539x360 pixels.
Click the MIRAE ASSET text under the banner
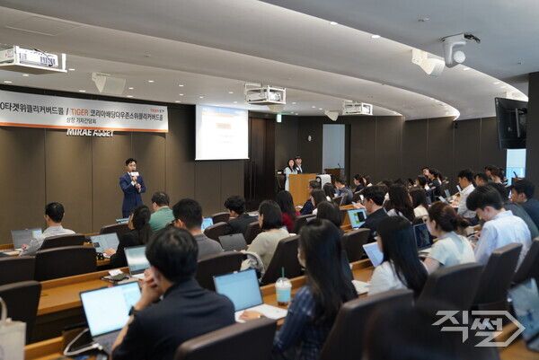[x=90, y=132]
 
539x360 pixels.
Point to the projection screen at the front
[x=221, y=132]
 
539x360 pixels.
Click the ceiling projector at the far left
[x=31, y=59]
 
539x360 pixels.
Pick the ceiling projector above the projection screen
[x=266, y=94]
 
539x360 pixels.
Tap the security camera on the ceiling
[x=456, y=52]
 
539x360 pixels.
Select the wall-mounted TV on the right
[x=511, y=123]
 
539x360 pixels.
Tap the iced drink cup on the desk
[x=283, y=290]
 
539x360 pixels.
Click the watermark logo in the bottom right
[x=478, y=328]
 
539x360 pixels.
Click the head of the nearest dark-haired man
[x=171, y=255]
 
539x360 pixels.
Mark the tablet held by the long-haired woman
[x=374, y=254]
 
